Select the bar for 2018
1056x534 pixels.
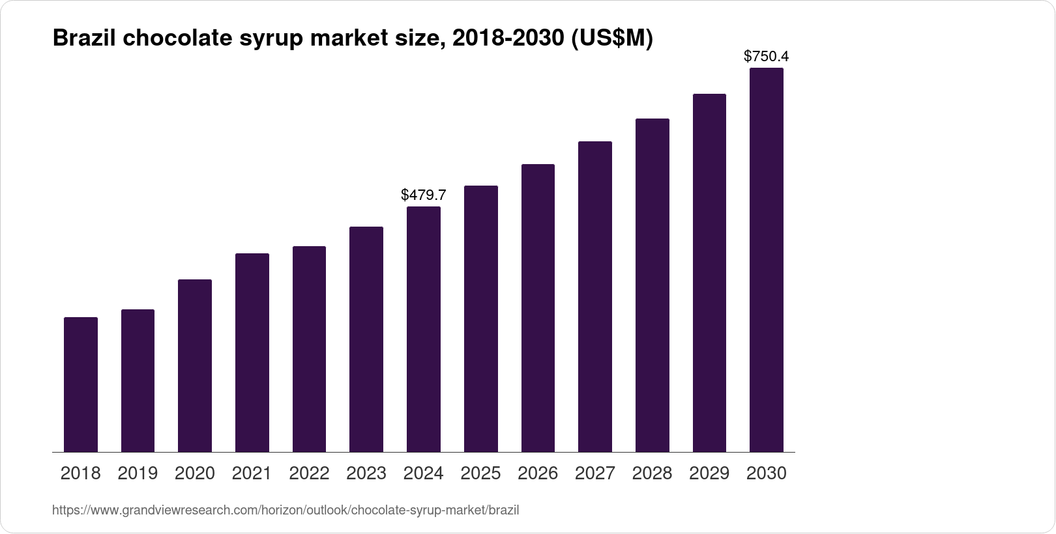pyautogui.click(x=81, y=384)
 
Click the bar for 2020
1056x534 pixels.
pyautogui.click(x=195, y=365)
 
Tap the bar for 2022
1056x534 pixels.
pyautogui.click(x=309, y=349)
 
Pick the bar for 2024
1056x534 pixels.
pyautogui.click(x=424, y=329)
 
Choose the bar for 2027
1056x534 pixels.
pyautogui.click(x=595, y=296)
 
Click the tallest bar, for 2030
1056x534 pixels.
pyautogui.click(x=767, y=260)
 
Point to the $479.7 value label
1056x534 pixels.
pyautogui.click(x=424, y=195)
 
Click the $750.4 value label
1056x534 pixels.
pyautogui.click(x=767, y=57)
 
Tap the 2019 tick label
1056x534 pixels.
pyautogui.click(x=138, y=473)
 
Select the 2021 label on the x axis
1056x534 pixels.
pyautogui.click(x=252, y=473)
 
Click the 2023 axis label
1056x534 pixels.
pyautogui.click(x=366, y=473)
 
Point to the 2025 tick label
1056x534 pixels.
pyautogui.click(x=480, y=473)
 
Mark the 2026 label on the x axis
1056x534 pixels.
pyautogui.click(x=538, y=473)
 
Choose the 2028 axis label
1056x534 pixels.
pyautogui.click(x=652, y=473)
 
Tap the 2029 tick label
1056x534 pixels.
pyautogui.click(x=709, y=473)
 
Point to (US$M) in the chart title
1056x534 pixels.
pyautogui.click(x=611, y=39)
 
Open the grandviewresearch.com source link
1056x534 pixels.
pyautogui.click(x=286, y=510)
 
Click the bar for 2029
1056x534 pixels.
pyautogui.click(x=709, y=273)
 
